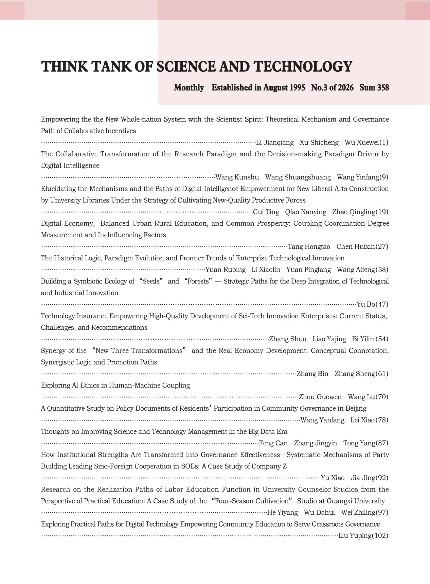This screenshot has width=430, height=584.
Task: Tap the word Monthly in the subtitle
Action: click(x=189, y=88)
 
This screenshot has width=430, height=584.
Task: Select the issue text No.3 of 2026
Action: click(x=332, y=88)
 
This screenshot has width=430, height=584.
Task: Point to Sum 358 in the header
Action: click(x=374, y=88)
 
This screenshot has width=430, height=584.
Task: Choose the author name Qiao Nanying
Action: click(x=306, y=212)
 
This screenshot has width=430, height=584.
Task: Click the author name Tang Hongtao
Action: click(x=309, y=246)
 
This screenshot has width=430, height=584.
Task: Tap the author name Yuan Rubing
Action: click(x=226, y=270)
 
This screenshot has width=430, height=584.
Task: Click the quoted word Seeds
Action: click(x=151, y=281)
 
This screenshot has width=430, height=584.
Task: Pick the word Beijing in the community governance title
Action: click(x=356, y=408)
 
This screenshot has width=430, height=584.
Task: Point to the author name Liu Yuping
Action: click(x=355, y=535)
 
